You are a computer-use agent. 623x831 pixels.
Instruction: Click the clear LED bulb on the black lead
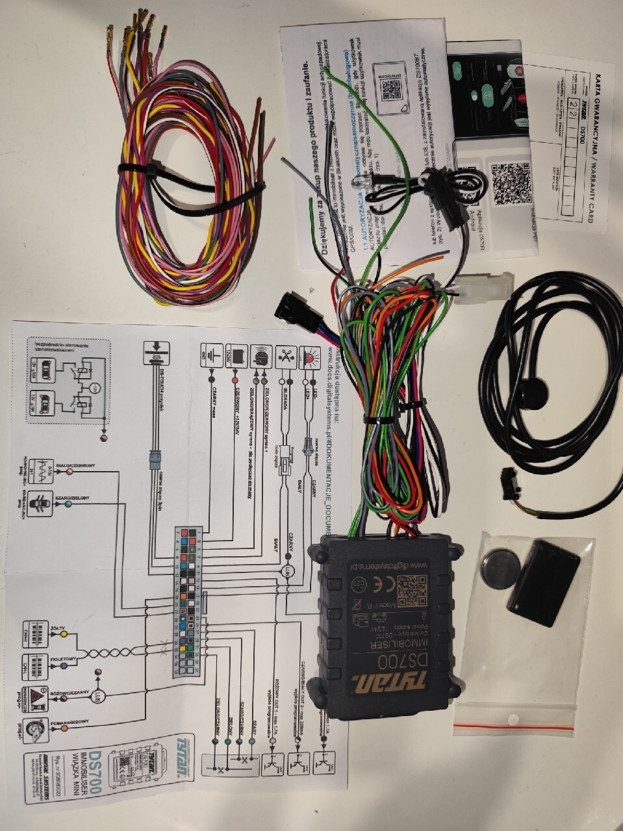click(x=358, y=185)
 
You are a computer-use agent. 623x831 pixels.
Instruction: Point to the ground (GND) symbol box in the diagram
click(x=212, y=353)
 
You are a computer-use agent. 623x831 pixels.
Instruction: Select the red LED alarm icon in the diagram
click(x=311, y=357)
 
